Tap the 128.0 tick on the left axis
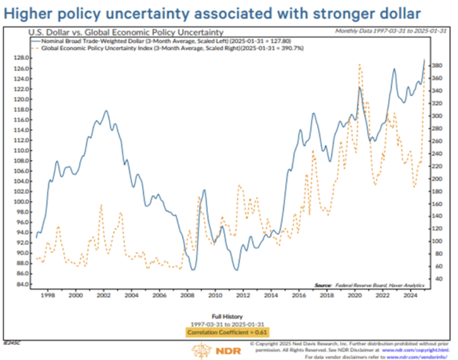point(22,58)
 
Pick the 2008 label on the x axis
point(188,295)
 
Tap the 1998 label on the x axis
point(48,295)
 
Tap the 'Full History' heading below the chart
point(227,316)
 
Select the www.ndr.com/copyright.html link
point(419,349)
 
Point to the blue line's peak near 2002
point(106,111)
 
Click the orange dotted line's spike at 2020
point(360,65)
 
